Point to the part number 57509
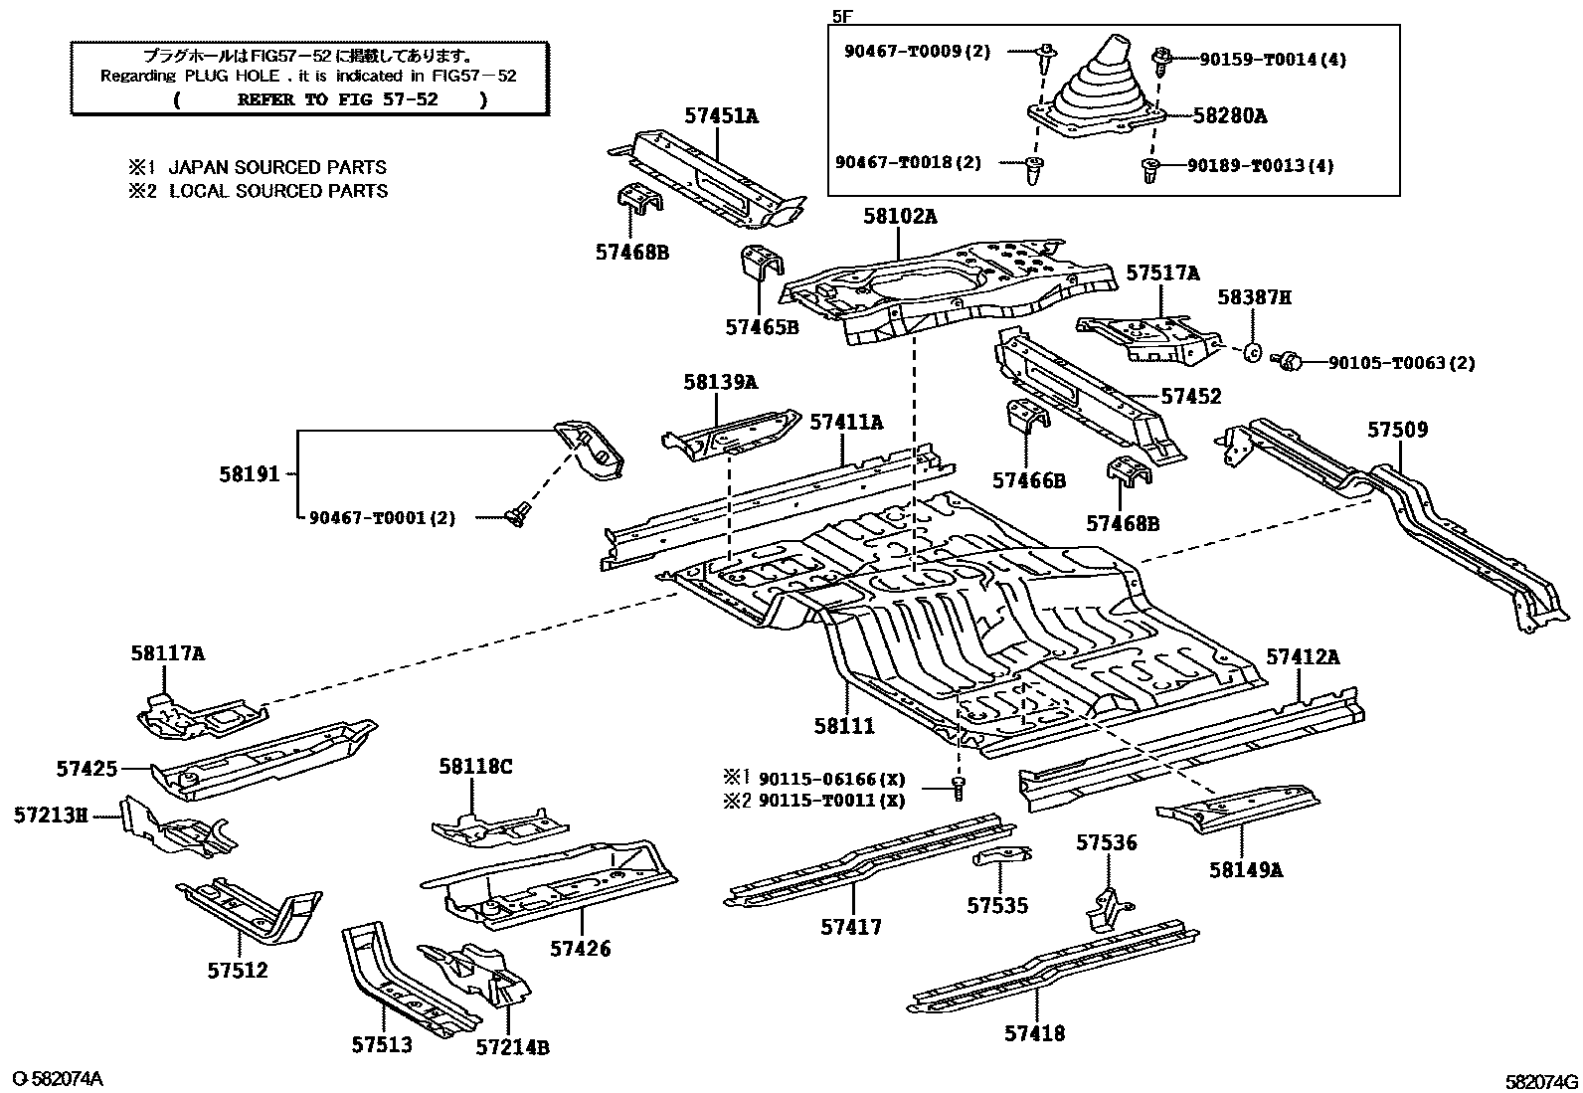point(1397,430)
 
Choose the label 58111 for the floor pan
point(844,726)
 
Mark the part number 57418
point(1034,1033)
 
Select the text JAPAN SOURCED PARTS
point(277,167)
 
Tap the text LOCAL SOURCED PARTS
point(278,191)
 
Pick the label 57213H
point(51,816)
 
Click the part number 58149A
point(1246,870)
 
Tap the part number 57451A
point(720,116)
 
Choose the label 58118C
point(475,766)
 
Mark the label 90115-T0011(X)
point(831,801)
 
